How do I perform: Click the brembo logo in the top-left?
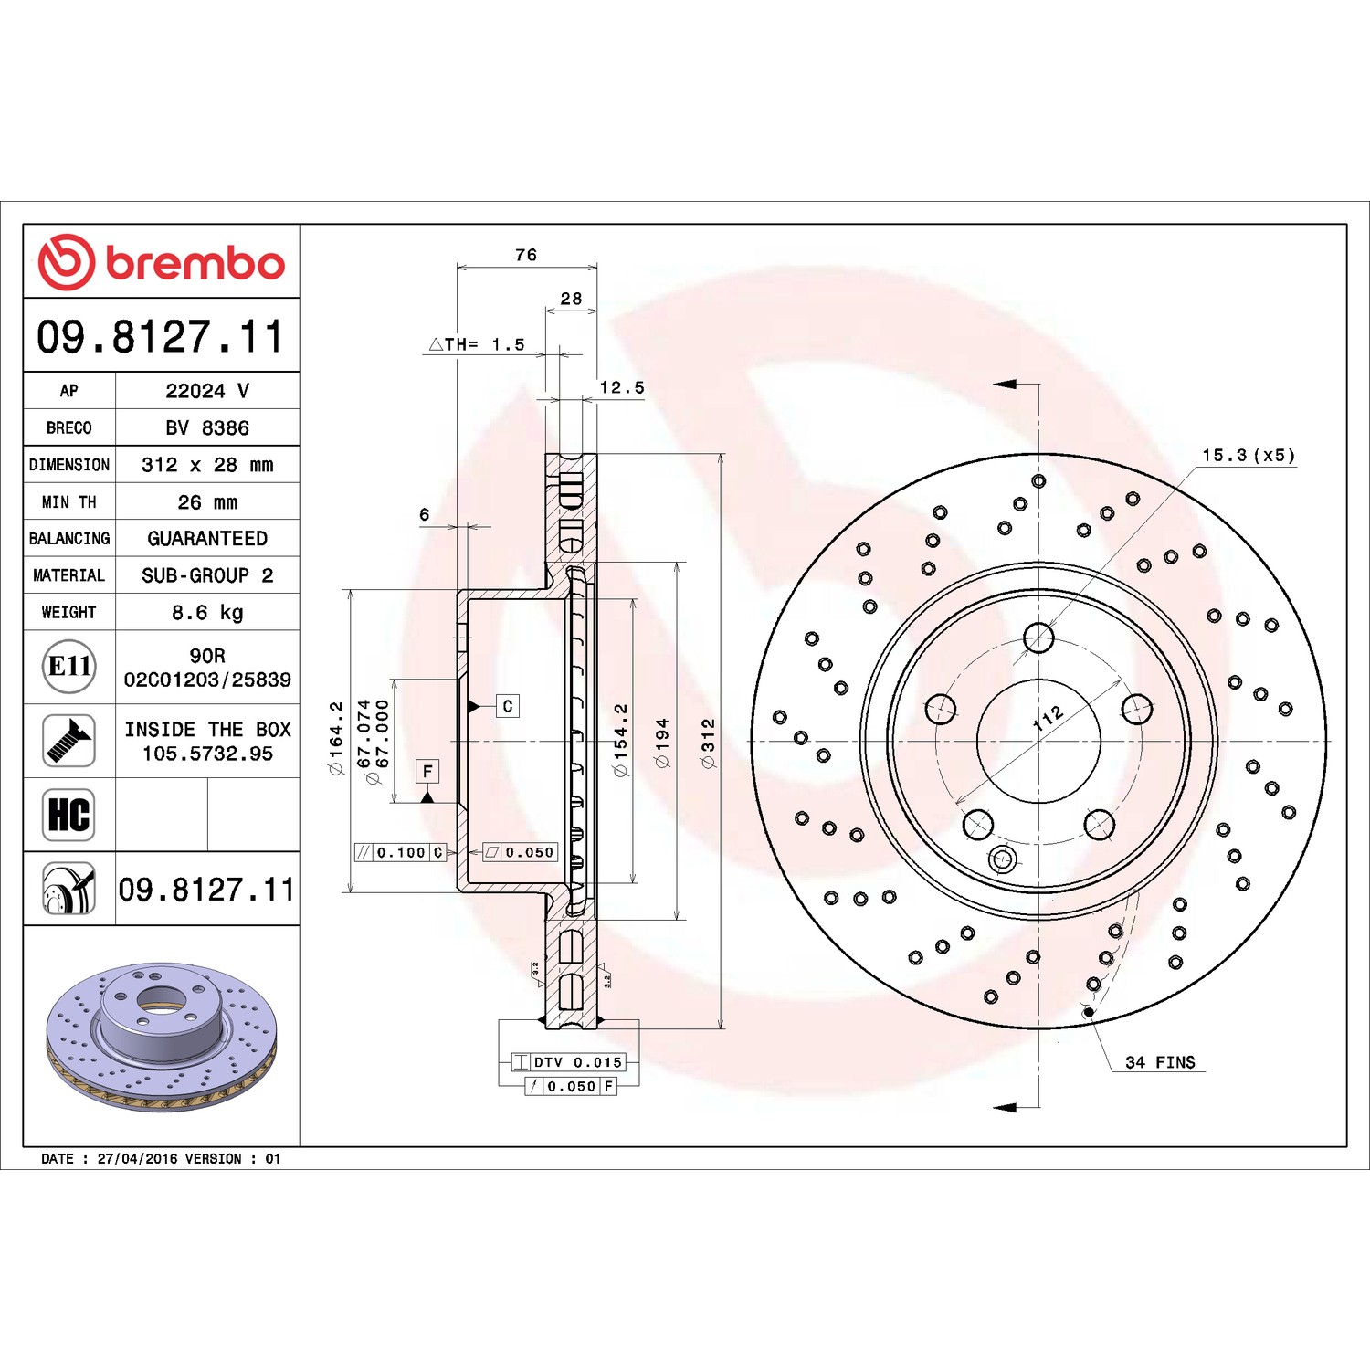pyautogui.click(x=161, y=262)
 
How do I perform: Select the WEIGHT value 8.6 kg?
pyautogui.click(x=207, y=613)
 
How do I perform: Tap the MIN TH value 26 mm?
pyautogui.click(x=207, y=502)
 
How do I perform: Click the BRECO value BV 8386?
pyautogui.click(x=207, y=427)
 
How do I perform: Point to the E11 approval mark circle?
pyautogui.click(x=69, y=666)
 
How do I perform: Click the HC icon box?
pyautogui.click(x=69, y=815)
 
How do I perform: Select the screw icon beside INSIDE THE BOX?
pyautogui.click(x=69, y=741)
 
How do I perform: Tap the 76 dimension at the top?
pyautogui.click(x=526, y=255)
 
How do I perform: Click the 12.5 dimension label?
pyautogui.click(x=622, y=387)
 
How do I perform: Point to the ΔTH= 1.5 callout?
pyautogui.click(x=477, y=344)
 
